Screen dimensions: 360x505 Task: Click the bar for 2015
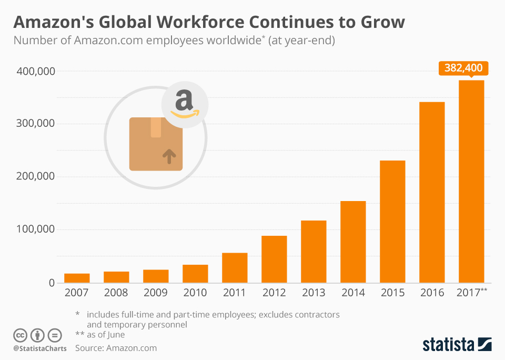pos(392,222)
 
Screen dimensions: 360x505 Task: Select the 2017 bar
pos(471,182)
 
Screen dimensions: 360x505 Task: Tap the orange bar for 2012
pos(274,259)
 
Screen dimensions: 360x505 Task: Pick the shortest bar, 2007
pos(77,278)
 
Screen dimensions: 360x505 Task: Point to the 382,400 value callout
pos(463,68)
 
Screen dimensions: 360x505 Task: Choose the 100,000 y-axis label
pos(33,229)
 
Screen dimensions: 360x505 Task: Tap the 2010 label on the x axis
pos(195,293)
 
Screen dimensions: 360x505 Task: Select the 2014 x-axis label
pos(353,293)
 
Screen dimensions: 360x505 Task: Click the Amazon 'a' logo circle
pos(185,104)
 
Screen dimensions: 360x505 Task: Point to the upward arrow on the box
pos(168,156)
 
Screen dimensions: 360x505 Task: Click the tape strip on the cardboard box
pos(156,127)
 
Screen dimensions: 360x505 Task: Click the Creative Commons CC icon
pos(21,335)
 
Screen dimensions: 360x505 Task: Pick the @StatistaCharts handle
pos(40,348)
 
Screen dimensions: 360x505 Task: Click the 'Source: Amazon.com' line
pos(116,348)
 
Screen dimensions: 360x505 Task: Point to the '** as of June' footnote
pos(100,334)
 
